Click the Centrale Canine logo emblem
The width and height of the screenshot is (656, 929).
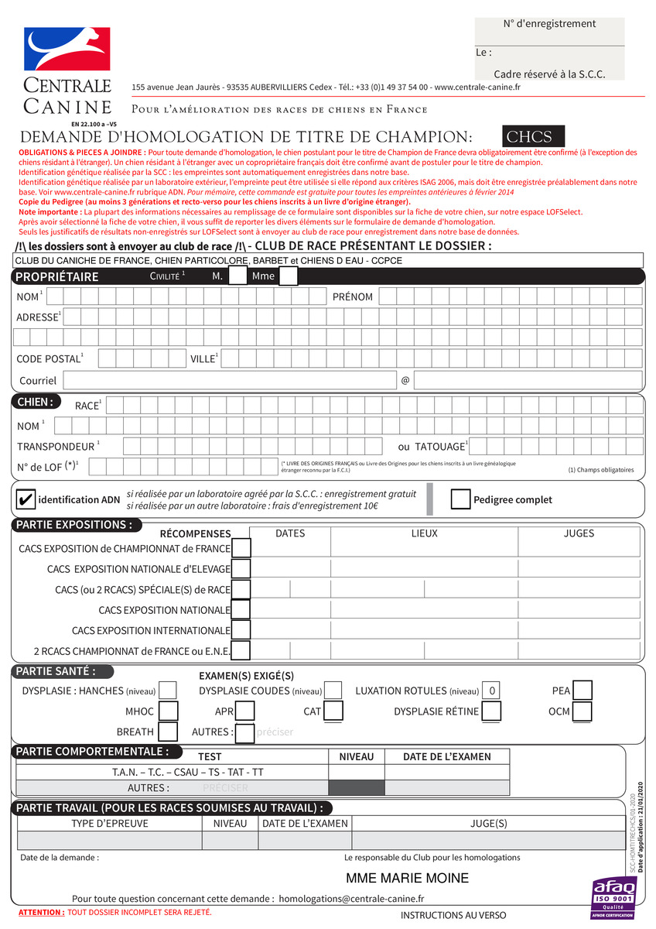point(67,49)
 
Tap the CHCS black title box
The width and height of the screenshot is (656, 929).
point(533,137)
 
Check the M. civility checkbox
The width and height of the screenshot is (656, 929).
point(238,276)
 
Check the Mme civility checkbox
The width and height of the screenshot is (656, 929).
point(289,276)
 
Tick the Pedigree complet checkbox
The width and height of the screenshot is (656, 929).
point(460,499)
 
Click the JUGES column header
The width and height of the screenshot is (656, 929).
point(579,533)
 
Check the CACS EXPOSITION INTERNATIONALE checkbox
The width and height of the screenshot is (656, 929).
point(241,630)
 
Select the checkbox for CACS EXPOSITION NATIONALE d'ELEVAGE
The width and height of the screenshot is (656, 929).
point(241,568)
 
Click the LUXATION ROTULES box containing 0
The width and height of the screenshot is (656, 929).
point(493,691)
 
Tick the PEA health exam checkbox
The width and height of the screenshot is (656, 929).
point(583,691)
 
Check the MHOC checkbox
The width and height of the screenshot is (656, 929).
point(168,711)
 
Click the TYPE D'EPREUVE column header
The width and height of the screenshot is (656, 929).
point(109,823)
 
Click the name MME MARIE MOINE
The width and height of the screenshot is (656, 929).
point(407,878)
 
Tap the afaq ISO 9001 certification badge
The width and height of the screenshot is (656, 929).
point(613,898)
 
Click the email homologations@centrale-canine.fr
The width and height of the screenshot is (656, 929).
point(351,898)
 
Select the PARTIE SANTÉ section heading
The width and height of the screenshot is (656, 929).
point(56,671)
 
